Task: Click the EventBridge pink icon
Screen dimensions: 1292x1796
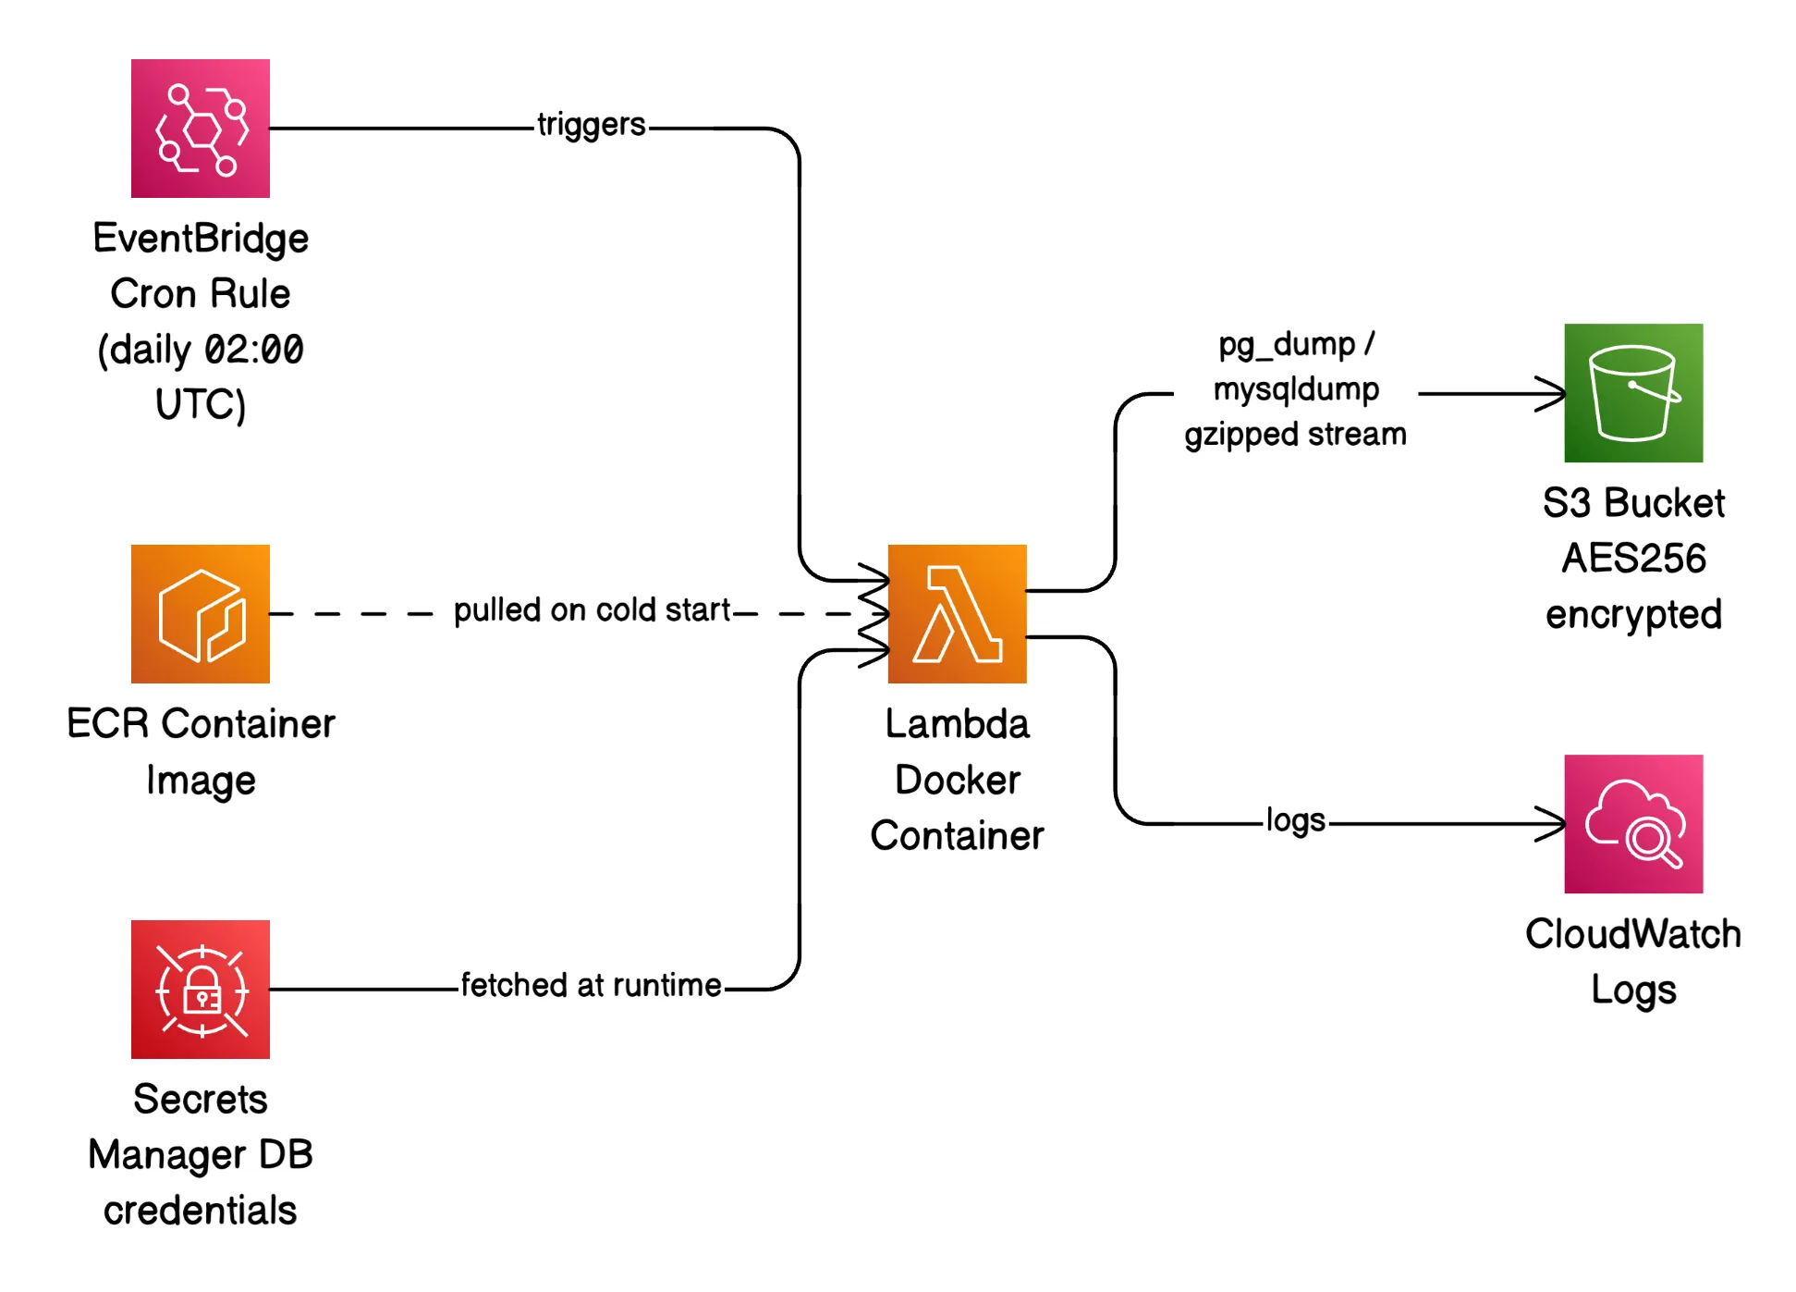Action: (200, 129)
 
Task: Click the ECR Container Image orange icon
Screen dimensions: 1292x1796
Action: (200, 614)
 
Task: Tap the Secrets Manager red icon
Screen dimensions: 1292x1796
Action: (200, 989)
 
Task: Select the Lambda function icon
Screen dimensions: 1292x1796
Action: (957, 614)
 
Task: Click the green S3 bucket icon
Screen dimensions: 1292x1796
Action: (1632, 393)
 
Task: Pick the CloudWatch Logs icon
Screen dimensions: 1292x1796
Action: (1632, 824)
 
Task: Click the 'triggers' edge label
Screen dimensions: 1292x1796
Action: (591, 125)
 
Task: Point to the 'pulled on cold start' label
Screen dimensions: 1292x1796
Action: (592, 610)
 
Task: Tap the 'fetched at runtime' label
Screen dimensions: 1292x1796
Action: (591, 986)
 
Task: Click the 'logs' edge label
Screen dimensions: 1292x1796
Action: (1295, 820)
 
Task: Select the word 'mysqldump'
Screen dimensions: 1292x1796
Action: (1296, 389)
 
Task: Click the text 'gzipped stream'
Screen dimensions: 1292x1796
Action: (1295, 435)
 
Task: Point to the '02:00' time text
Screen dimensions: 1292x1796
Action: (253, 351)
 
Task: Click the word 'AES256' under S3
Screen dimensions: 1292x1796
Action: (1633, 559)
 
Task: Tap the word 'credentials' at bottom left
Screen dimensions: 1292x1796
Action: (200, 1211)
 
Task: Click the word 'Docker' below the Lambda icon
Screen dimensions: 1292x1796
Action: (957, 781)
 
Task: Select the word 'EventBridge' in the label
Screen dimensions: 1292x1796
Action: (200, 239)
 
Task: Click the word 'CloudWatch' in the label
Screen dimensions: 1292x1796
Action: (1632, 934)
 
